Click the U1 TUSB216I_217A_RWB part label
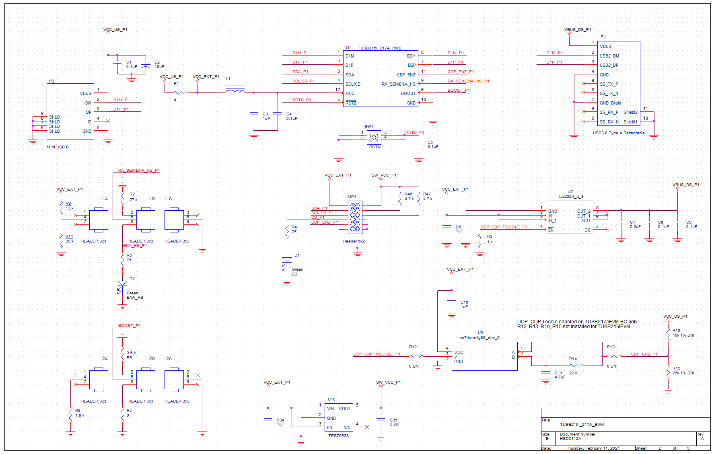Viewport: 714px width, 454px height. point(379,48)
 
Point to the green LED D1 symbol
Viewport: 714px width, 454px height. point(287,260)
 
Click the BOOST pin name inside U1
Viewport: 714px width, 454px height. point(408,93)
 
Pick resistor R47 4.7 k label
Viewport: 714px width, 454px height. point(427,197)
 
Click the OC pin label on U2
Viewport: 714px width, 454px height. point(587,230)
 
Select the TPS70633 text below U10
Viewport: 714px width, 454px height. point(338,436)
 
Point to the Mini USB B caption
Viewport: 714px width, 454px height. point(58,147)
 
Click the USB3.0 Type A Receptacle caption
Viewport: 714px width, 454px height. point(618,133)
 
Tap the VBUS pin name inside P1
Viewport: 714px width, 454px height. point(605,46)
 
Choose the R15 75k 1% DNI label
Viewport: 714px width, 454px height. point(683,371)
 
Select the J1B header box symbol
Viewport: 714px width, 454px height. point(146,220)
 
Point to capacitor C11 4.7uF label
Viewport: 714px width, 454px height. point(560,375)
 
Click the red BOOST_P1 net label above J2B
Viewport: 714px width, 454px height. point(129,325)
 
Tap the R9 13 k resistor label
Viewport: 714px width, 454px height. point(69,206)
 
